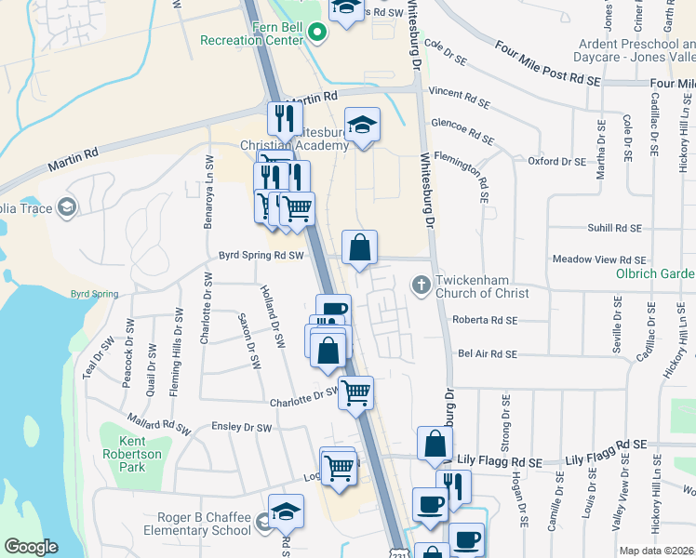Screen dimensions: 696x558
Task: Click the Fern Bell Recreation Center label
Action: pos(251,33)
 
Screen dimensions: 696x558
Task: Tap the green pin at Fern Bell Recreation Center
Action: pos(317,34)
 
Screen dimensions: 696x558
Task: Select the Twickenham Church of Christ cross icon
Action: pos(421,284)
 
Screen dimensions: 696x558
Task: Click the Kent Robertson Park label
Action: pos(132,454)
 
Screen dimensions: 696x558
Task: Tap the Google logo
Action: pos(31,547)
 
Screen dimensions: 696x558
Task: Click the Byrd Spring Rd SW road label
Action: pos(261,255)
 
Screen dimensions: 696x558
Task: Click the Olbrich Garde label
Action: pos(655,273)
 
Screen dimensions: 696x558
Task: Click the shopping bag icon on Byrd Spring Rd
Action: pos(359,247)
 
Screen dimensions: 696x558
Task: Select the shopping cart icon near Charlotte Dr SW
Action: pos(355,392)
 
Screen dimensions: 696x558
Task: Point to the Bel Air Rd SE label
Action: pos(485,354)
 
